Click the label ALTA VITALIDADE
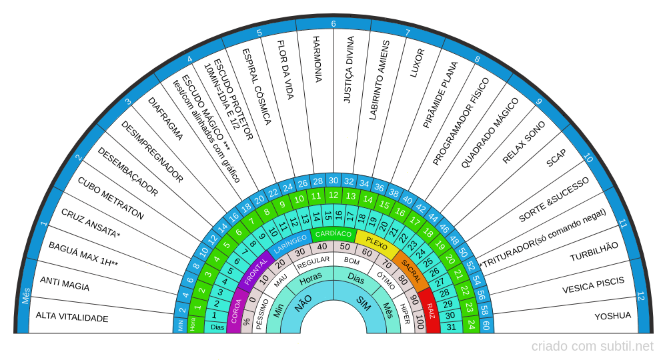tap(72, 317)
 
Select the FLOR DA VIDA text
tap(285, 69)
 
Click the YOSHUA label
tap(612, 316)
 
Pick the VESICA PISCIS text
tap(593, 285)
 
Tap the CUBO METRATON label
tap(111, 198)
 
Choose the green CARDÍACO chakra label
tap(333, 234)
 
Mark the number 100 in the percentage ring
tap(419, 323)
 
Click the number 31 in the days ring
tap(452, 327)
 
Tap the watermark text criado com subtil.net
tap(592, 346)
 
